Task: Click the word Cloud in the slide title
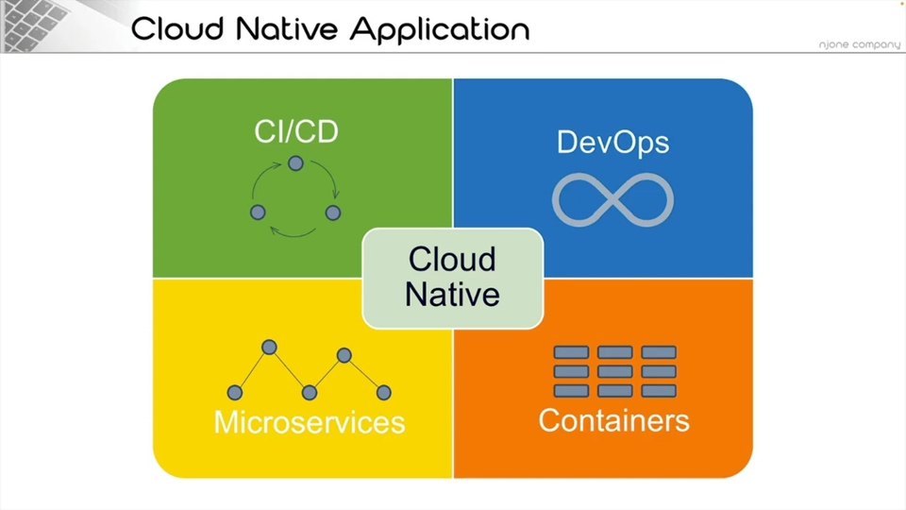click(177, 29)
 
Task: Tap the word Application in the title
click(441, 30)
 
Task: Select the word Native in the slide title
click(287, 29)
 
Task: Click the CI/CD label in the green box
click(296, 131)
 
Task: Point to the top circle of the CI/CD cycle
click(295, 163)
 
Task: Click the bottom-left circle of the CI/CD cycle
click(258, 212)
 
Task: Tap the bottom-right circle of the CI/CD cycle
click(333, 212)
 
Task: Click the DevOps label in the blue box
click(613, 143)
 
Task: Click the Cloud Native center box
click(452, 278)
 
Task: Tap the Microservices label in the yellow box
click(310, 422)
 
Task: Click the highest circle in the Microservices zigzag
click(269, 347)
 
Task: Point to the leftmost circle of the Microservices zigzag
click(235, 393)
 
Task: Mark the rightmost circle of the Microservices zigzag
click(384, 393)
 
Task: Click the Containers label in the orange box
click(613, 420)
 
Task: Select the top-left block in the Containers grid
click(572, 352)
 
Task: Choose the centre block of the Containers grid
click(614, 371)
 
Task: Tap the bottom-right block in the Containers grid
click(659, 391)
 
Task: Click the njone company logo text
click(859, 44)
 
